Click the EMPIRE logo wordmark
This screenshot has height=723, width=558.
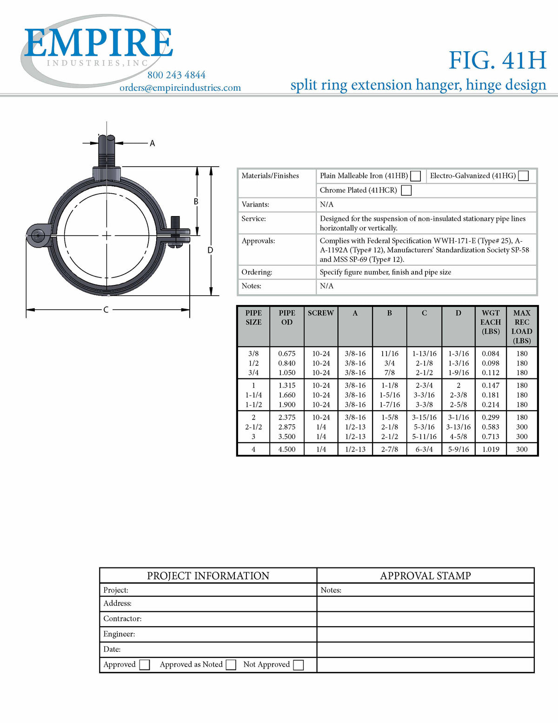coord(99,43)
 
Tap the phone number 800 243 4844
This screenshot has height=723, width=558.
coord(176,75)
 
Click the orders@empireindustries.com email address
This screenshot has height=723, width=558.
coord(180,88)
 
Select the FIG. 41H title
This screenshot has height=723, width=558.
coord(497,60)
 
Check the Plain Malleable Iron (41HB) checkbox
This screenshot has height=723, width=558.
coord(416,176)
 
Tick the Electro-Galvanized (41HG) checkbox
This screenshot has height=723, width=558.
coord(523,176)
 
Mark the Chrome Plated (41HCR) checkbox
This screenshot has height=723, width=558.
coord(406,190)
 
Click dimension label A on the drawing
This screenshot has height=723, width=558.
coord(152,143)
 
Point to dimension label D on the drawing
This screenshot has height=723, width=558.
coord(210,250)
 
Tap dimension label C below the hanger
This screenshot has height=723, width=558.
coord(106,310)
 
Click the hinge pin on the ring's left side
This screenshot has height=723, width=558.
coord(37,235)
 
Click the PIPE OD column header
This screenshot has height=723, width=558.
coord(287,318)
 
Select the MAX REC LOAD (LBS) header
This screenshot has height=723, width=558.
coord(522,327)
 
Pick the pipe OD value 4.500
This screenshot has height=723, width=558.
coord(287,449)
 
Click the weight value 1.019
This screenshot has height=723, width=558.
coord(491,449)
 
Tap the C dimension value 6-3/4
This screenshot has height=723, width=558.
coord(424,449)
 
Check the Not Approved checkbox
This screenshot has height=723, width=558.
coord(299,665)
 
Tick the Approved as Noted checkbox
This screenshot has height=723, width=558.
coord(231,665)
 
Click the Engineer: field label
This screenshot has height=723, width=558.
coord(119,634)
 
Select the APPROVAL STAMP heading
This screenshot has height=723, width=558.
coord(425,576)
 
